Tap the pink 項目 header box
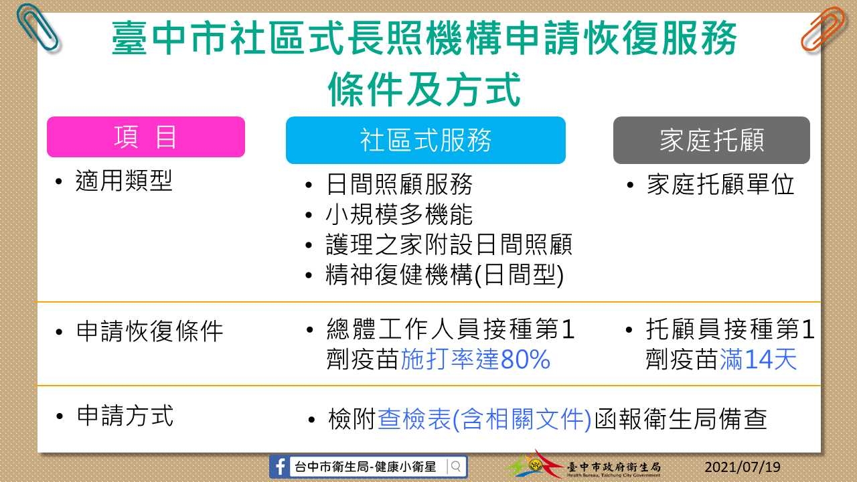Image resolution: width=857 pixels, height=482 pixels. [x=146, y=137]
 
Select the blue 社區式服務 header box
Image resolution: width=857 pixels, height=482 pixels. [x=425, y=140]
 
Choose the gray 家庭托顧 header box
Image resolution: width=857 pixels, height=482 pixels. [x=711, y=140]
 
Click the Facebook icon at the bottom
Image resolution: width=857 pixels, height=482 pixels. [x=280, y=467]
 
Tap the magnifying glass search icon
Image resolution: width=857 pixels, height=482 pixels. [x=456, y=467]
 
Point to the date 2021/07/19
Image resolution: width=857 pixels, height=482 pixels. [x=743, y=467]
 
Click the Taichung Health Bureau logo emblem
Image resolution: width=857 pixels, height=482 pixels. [x=535, y=465]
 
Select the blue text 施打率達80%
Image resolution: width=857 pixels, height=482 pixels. [x=475, y=359]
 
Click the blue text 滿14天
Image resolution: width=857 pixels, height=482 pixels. [x=759, y=359]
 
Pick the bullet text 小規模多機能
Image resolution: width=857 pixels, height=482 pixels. [x=399, y=214]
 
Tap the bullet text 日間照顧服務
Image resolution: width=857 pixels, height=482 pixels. [x=399, y=184]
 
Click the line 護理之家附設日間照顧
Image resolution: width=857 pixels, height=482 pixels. [x=449, y=244]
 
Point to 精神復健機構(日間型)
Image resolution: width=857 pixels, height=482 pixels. [x=445, y=274]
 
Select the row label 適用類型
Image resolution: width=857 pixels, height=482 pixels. [x=124, y=181]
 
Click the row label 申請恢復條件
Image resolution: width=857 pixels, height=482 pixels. [x=149, y=331]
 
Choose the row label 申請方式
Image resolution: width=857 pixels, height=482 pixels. [x=125, y=416]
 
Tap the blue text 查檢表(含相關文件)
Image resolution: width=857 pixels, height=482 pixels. [x=484, y=420]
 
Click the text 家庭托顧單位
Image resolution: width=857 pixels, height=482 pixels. [x=721, y=184]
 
